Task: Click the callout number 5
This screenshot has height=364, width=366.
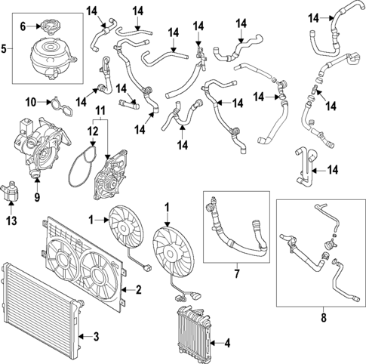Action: [5, 51]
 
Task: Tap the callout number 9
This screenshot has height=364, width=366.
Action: [36, 200]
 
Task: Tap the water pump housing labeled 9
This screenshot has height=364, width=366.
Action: [38, 147]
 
